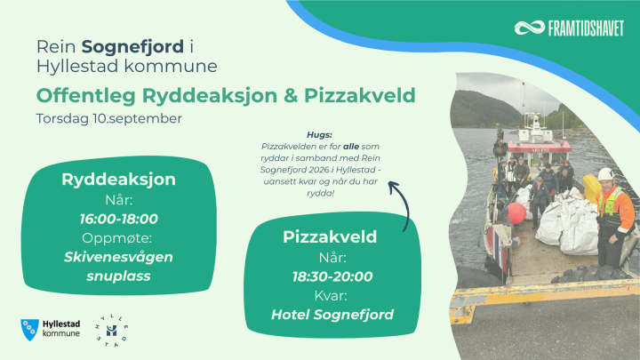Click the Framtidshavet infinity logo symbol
pyautogui.click(x=530, y=28)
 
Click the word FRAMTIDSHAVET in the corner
pyautogui.click(x=586, y=28)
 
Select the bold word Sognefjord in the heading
pyautogui.click(x=132, y=47)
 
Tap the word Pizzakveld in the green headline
pyautogui.click(x=360, y=95)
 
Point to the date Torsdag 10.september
pyautogui.click(x=109, y=119)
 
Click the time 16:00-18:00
pyautogui.click(x=119, y=220)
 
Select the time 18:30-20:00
pyautogui.click(x=332, y=276)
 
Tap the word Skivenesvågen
pyautogui.click(x=118, y=258)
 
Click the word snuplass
pyautogui.click(x=118, y=276)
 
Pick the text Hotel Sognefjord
pyautogui.click(x=332, y=315)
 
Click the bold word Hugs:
pyautogui.click(x=320, y=135)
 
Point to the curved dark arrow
pyautogui.click(x=405, y=200)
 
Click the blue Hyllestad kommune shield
pyautogui.click(x=30, y=330)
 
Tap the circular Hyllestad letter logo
pyautogui.click(x=111, y=330)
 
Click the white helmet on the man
pyautogui.click(x=605, y=174)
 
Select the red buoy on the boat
pyautogui.click(x=516, y=213)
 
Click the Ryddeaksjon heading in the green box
pyautogui.click(x=119, y=180)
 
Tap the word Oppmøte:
pyautogui.click(x=117, y=238)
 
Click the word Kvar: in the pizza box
pyautogui.click(x=331, y=296)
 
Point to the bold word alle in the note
pyautogui.click(x=351, y=147)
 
